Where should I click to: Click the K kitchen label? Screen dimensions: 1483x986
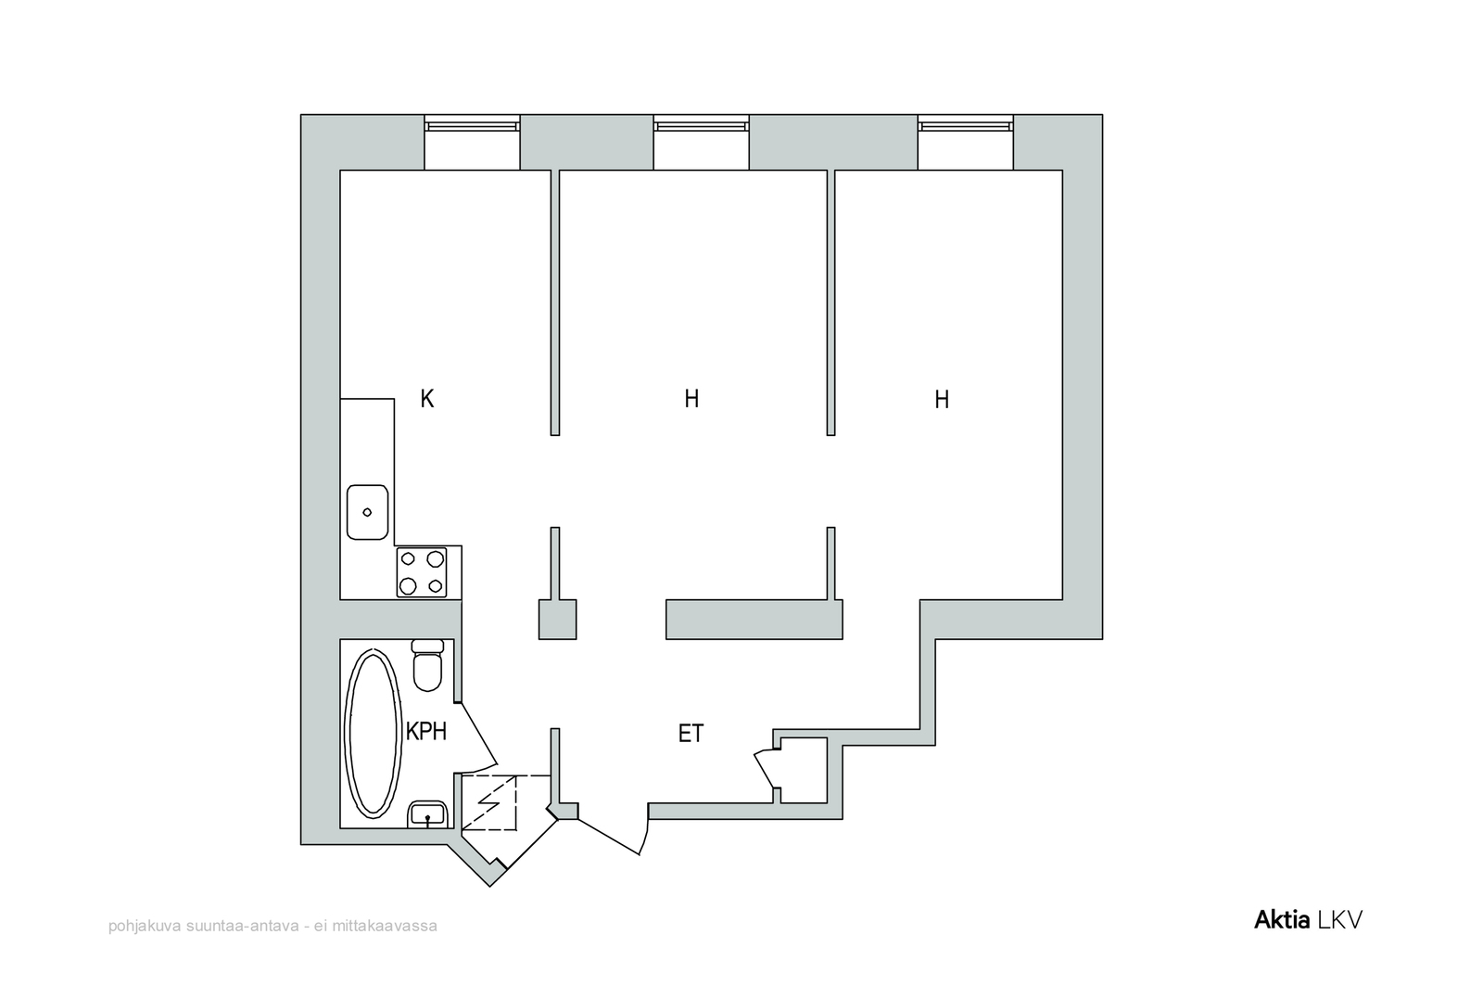coord(427,399)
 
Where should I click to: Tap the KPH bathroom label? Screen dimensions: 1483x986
coord(426,732)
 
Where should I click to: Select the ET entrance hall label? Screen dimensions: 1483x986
coord(691,734)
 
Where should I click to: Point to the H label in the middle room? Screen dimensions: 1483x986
coord(691,399)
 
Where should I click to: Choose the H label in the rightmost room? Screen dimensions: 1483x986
coord(942,400)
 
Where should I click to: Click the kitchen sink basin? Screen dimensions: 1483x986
coord(367,512)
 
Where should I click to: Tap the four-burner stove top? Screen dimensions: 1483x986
coord(422,572)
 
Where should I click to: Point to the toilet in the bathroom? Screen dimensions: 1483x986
coord(427,665)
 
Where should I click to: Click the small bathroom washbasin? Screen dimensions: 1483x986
coord(427,814)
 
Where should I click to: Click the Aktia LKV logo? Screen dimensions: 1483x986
coord(1308,920)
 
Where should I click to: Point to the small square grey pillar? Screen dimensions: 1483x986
coord(557,620)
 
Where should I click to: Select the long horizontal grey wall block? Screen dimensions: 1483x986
coord(754,620)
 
